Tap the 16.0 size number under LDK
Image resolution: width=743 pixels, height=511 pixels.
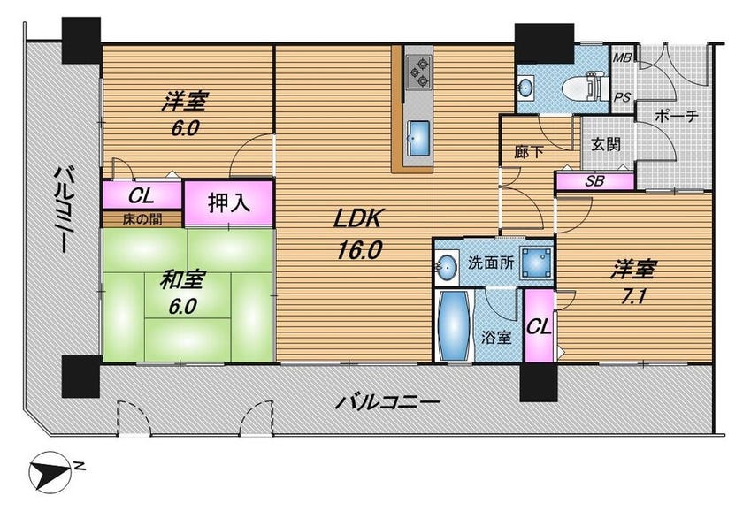(x=359, y=250)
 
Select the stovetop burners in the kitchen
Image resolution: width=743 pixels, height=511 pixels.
(x=418, y=72)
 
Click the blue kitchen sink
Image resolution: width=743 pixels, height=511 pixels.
(x=418, y=138)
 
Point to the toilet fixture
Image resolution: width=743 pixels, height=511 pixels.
(x=582, y=88)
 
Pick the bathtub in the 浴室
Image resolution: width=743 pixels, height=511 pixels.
(x=455, y=326)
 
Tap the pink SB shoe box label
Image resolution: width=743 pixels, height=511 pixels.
(x=594, y=181)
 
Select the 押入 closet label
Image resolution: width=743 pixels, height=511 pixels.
(x=229, y=203)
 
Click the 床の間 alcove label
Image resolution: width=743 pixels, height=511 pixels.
(x=142, y=220)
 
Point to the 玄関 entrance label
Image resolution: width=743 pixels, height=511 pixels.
(x=606, y=144)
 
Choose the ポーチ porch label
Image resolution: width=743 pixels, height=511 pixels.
(x=676, y=116)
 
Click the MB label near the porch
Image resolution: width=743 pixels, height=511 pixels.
(x=622, y=57)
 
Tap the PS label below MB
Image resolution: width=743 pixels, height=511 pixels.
(x=622, y=97)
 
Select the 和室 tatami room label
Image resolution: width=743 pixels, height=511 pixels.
(x=182, y=280)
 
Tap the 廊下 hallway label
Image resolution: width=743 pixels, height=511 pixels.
(x=529, y=152)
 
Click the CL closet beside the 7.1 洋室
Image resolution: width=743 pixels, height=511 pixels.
(x=540, y=326)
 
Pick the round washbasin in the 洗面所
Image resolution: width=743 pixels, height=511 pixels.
(x=447, y=269)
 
